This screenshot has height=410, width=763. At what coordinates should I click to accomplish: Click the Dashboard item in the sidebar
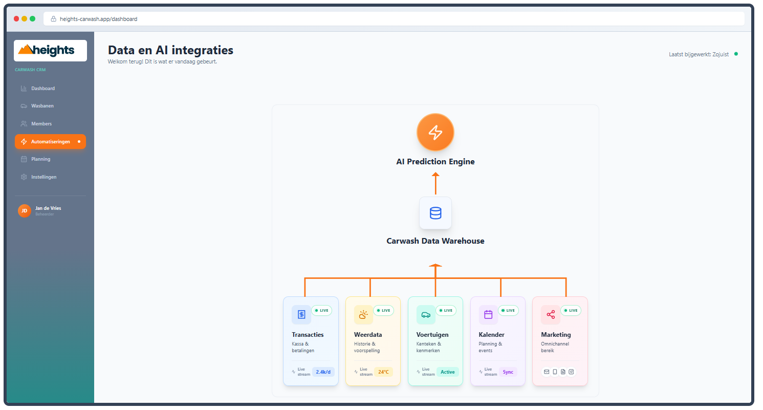point(43,89)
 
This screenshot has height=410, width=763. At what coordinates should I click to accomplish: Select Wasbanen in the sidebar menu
point(42,106)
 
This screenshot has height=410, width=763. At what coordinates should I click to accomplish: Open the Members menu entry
point(41,124)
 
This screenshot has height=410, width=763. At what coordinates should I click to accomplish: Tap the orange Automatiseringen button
point(50,142)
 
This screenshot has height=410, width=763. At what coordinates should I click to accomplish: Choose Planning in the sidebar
point(40,159)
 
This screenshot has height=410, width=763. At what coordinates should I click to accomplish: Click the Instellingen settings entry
point(43,177)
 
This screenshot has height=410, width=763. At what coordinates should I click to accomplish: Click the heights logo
point(50,50)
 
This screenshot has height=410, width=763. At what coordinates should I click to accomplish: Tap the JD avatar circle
point(24,210)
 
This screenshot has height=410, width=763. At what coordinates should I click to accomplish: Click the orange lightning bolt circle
point(435,132)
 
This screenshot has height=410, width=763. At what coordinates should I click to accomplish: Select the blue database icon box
point(435,213)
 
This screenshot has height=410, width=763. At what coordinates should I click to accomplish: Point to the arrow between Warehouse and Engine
point(435,183)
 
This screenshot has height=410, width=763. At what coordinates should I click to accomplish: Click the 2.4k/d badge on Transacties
point(323,372)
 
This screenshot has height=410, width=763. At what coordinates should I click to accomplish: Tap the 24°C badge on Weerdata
point(383,372)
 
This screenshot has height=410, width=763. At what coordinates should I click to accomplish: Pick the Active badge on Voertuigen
point(447,372)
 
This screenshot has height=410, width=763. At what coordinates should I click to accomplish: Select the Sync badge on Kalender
point(508,372)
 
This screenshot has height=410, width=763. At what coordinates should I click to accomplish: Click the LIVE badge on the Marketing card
point(571,310)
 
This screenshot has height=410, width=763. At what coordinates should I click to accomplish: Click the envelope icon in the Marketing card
point(547,372)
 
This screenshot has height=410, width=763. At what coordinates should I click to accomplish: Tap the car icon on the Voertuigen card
point(426,315)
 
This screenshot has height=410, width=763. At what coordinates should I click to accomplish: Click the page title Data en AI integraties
point(170,50)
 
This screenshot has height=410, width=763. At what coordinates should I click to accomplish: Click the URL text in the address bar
point(98,19)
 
